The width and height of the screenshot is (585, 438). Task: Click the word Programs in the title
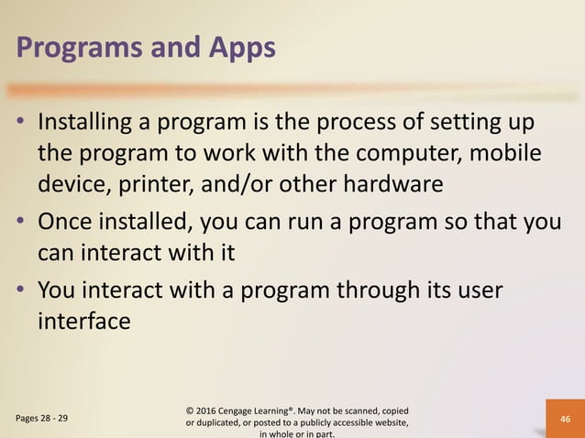(76, 48)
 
